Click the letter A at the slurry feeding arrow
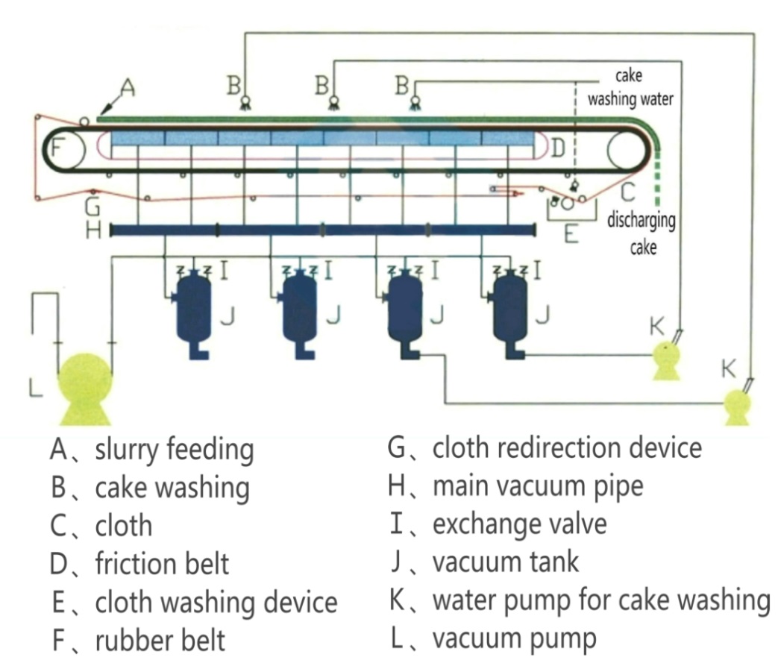coord(128,89)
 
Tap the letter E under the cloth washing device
coord(571,236)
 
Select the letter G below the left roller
coord(92,207)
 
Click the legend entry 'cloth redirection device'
coord(568,447)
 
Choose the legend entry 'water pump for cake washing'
coord(601,600)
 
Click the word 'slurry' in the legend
coord(127,450)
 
